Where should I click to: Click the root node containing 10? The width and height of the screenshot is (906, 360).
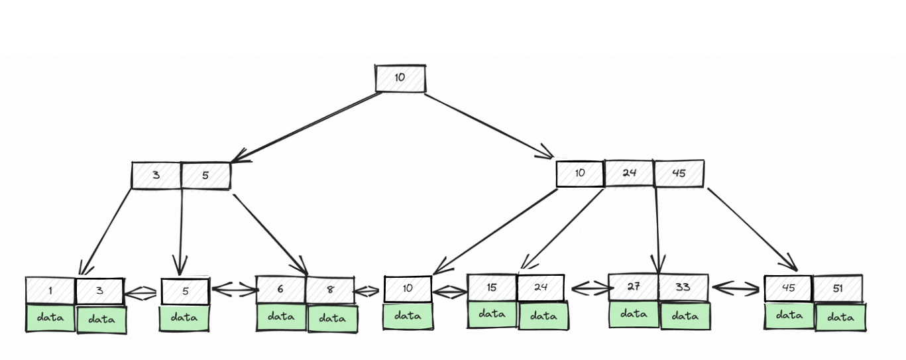[400, 78]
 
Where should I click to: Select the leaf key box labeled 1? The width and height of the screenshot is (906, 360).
[50, 290]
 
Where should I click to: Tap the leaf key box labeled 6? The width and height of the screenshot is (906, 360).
[281, 290]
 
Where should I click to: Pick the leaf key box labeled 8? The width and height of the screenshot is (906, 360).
[330, 290]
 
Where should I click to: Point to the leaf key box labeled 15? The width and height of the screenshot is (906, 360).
[492, 288]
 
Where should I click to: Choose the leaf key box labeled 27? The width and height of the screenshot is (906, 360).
[634, 288]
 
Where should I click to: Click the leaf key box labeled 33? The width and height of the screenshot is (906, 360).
[683, 288]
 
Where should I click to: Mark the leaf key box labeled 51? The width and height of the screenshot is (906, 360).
[838, 288]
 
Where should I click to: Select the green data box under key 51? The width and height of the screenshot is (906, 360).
[840, 318]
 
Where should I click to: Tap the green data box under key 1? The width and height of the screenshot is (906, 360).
[50, 318]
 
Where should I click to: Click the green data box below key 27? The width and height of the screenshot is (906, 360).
[634, 314]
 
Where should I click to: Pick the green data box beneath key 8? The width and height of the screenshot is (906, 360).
[333, 318]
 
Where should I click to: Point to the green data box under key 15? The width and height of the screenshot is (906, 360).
[492, 314]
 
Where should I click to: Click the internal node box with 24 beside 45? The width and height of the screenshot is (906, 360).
[629, 173]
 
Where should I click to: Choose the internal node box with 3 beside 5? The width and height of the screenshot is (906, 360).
[156, 176]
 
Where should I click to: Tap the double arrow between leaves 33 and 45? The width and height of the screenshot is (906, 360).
[736, 288]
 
